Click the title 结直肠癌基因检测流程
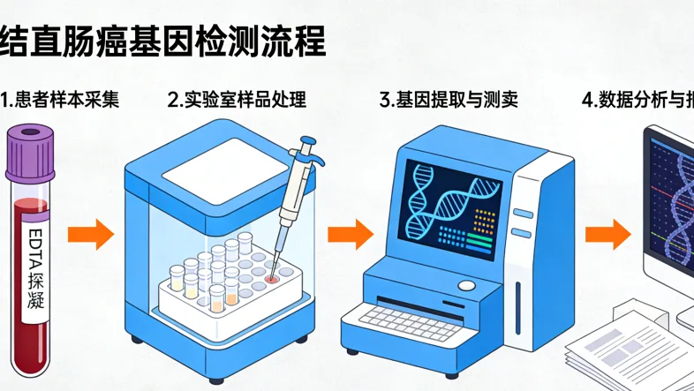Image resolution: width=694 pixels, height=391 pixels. pyautogui.click(x=163, y=41)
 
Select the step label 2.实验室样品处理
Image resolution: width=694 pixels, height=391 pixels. pyautogui.click(x=238, y=100)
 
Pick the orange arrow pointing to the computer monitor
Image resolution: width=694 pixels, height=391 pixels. pyautogui.click(x=609, y=235)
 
